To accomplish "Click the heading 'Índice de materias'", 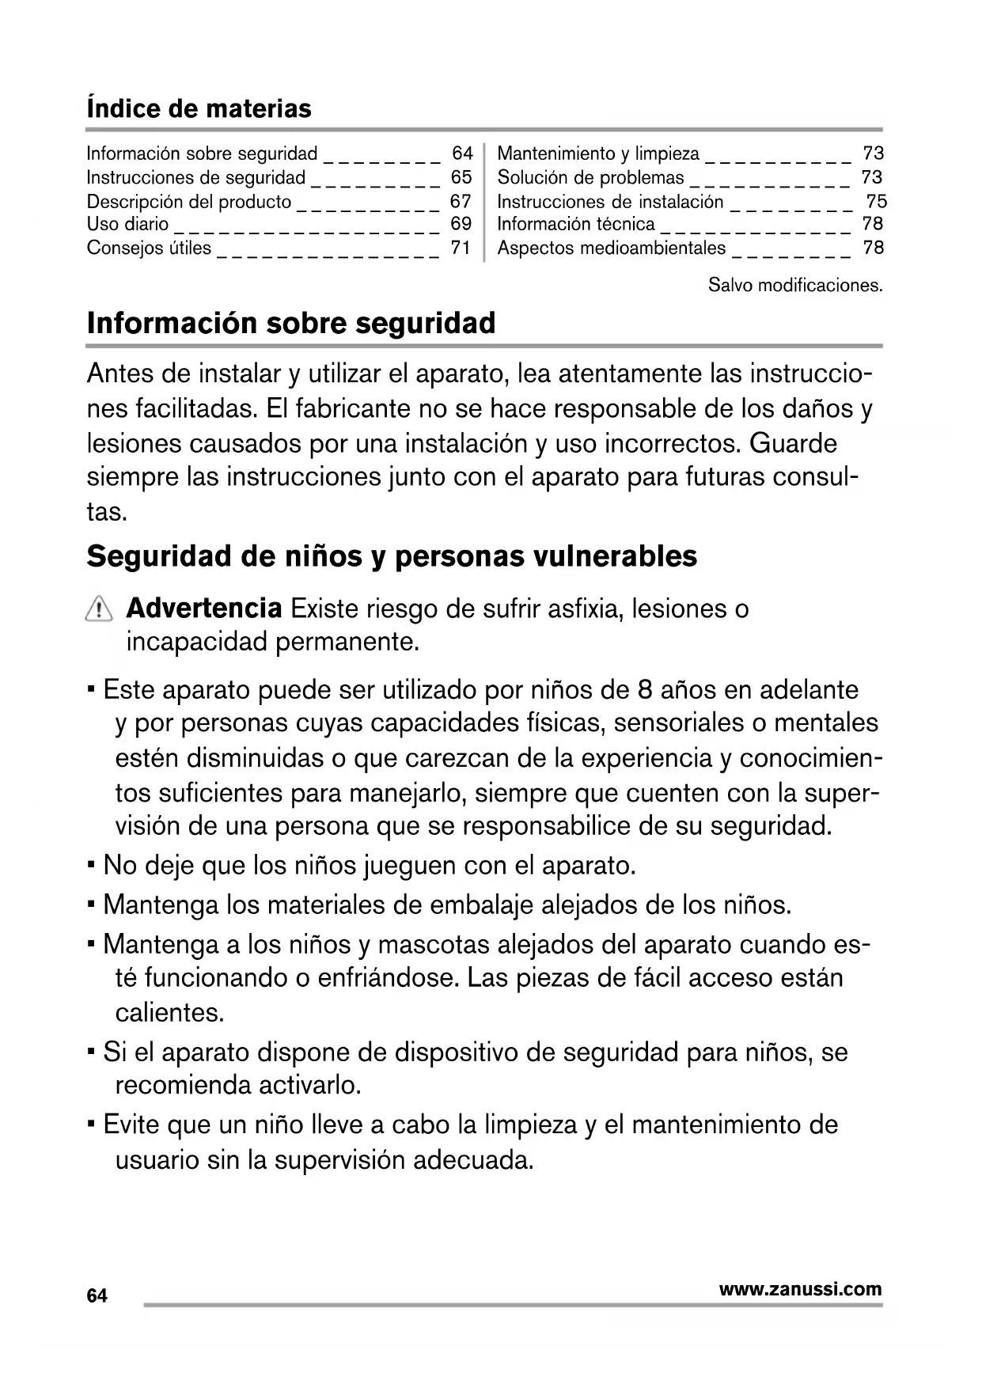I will click(199, 108).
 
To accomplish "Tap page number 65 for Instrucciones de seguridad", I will click(461, 176).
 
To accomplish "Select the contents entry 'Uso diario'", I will click(127, 224).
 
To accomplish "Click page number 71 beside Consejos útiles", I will click(461, 248).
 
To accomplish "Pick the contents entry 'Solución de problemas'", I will click(590, 177).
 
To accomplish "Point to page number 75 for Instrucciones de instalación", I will click(876, 201).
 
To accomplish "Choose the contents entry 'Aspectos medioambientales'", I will click(611, 248).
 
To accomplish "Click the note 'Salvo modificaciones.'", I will click(794, 285).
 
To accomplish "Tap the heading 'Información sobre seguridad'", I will click(291, 323).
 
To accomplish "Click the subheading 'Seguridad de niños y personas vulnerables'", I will click(392, 556).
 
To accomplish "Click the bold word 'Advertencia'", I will click(203, 609).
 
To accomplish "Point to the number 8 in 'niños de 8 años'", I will click(644, 689).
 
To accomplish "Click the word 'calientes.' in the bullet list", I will click(169, 1012).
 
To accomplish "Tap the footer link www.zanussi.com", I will click(800, 1289).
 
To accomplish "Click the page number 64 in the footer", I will click(97, 1296).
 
